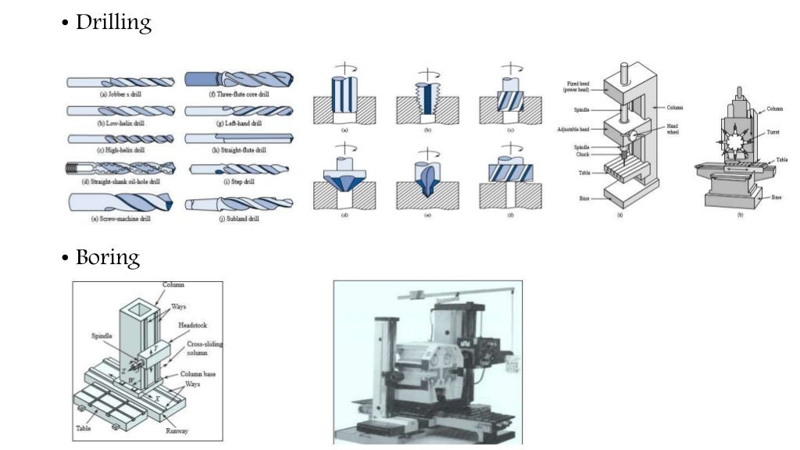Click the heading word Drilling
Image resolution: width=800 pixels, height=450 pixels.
pyautogui.click(x=112, y=23)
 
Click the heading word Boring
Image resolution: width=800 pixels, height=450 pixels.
pyautogui.click(x=107, y=257)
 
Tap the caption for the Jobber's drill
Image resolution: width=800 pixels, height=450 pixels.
pyautogui.click(x=120, y=94)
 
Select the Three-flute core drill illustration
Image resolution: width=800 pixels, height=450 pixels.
pyautogui.click(x=239, y=79)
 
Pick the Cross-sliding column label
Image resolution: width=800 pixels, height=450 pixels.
pyautogui.click(x=201, y=349)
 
